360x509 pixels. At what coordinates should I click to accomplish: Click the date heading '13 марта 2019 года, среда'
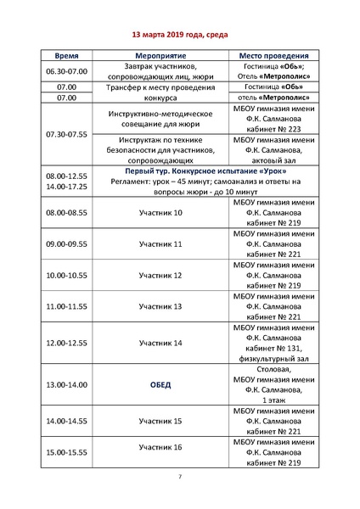178,36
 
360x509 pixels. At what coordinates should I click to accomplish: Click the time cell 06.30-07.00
66,72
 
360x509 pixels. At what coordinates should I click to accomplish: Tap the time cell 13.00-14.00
66,384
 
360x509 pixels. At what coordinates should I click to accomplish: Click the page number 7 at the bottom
179,479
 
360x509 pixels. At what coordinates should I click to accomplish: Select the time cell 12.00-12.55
66,343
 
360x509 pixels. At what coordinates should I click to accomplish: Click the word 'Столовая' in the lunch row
273,369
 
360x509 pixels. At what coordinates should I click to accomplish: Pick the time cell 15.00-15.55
66,452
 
